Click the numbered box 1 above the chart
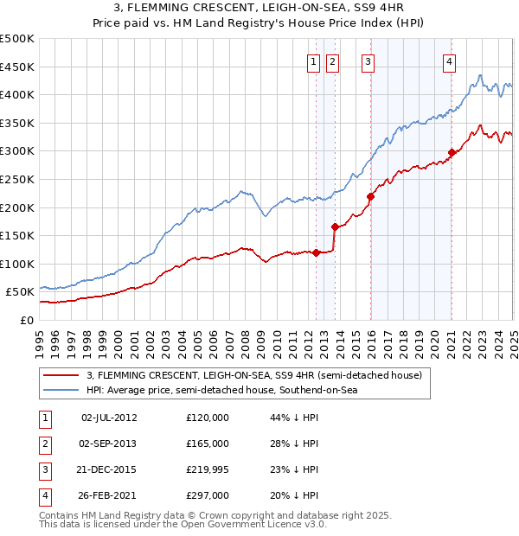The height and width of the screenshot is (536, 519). coord(311,61)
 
